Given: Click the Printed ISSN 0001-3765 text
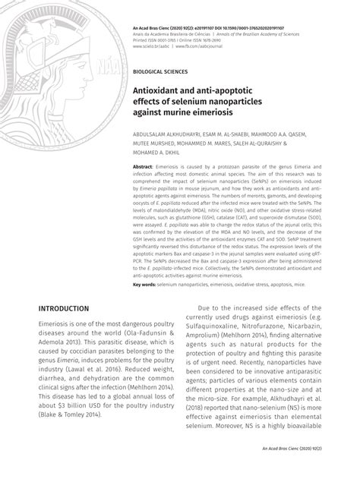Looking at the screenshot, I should pyautogui.click(x=159, y=39).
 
